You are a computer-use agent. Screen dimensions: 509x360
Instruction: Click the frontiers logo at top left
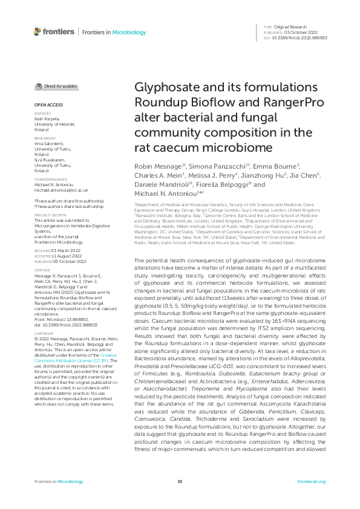pos(54,31)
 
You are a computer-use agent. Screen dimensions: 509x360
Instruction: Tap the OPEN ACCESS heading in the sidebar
pos(48,105)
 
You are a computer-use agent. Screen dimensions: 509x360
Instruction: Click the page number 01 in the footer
pos(180,481)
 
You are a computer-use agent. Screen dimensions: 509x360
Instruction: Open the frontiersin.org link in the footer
pos(312,481)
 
